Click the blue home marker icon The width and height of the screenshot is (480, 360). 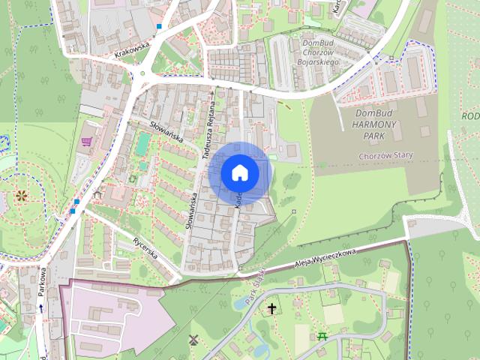coord(240,172)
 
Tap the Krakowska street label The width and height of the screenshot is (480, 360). coord(134,48)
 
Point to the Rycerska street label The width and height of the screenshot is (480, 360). coord(145,247)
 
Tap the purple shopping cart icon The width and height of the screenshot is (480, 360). coord(87,141)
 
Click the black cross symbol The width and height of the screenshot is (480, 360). coord(271,307)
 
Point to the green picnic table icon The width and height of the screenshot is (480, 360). coord(323,335)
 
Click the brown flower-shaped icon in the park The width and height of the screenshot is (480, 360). coord(21,196)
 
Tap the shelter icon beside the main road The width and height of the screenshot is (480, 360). coord(97,195)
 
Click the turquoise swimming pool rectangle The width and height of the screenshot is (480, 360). coord(142,143)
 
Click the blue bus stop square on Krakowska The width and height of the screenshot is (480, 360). coord(159,27)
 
